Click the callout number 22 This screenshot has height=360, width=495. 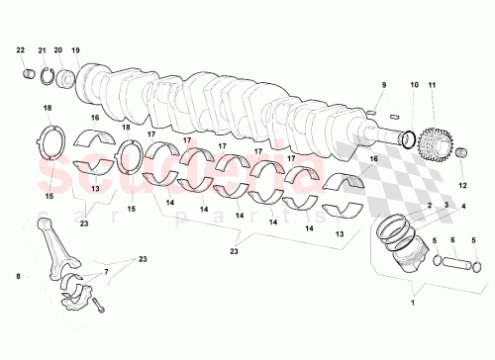(21, 49)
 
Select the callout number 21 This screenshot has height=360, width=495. (42, 49)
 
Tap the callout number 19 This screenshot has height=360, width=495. (76, 49)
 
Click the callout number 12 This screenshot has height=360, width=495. (462, 184)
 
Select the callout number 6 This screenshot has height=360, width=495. (452, 240)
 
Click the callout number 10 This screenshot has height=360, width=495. (414, 87)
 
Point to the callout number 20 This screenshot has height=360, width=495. (58, 49)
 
